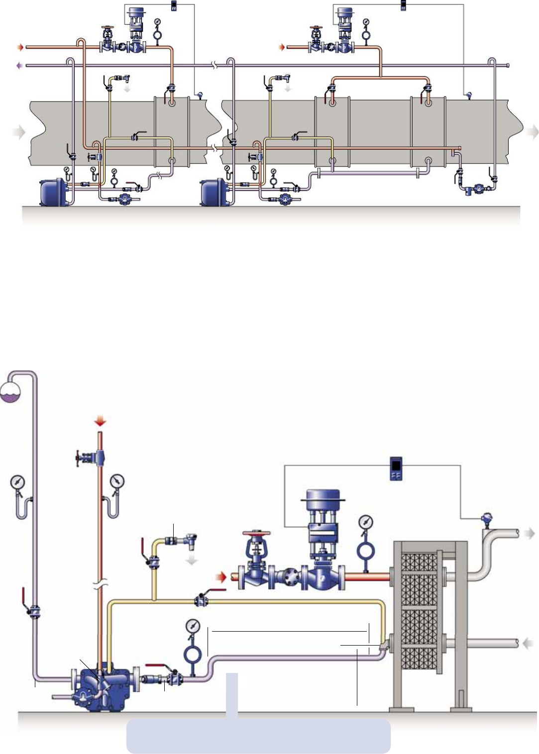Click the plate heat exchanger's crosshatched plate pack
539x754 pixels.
coord(419,612)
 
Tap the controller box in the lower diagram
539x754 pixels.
coord(396,469)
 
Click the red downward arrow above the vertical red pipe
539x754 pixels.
coord(101,421)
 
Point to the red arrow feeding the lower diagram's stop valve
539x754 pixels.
coord(220,577)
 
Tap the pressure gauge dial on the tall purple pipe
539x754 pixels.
coord(17,482)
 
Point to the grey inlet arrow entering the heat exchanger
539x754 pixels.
coord(528,643)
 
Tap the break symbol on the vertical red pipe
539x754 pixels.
coord(101,584)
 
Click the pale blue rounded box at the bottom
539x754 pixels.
coord(258,735)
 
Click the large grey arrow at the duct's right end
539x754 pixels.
coord(533,132)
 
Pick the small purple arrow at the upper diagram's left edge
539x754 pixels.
coord(19,65)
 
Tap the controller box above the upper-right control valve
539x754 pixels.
coord(403,6)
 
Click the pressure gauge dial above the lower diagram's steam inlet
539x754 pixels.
coord(366,522)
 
